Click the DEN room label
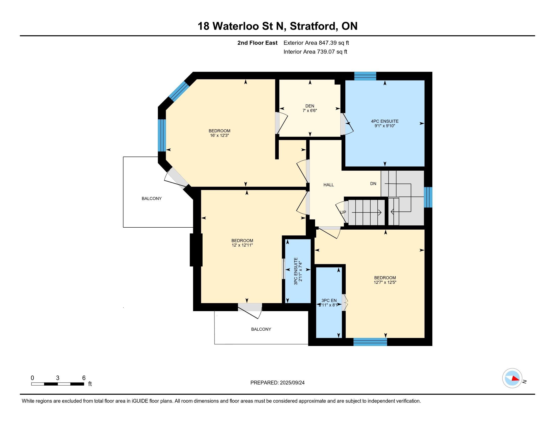(x=310, y=106)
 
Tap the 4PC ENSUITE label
(x=385, y=121)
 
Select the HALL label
(x=328, y=185)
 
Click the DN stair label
(x=373, y=183)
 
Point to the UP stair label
(x=343, y=212)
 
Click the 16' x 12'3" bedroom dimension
(x=219, y=136)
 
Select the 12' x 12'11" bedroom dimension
(x=242, y=245)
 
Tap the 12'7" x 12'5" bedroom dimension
(x=385, y=282)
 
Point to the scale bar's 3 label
(x=58, y=378)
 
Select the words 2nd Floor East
(x=257, y=43)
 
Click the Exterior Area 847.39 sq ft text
(x=316, y=43)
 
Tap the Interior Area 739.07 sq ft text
(x=315, y=52)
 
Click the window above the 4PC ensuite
(x=365, y=76)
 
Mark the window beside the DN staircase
(x=428, y=197)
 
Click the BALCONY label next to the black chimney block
(x=152, y=199)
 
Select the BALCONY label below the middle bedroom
(x=261, y=329)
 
